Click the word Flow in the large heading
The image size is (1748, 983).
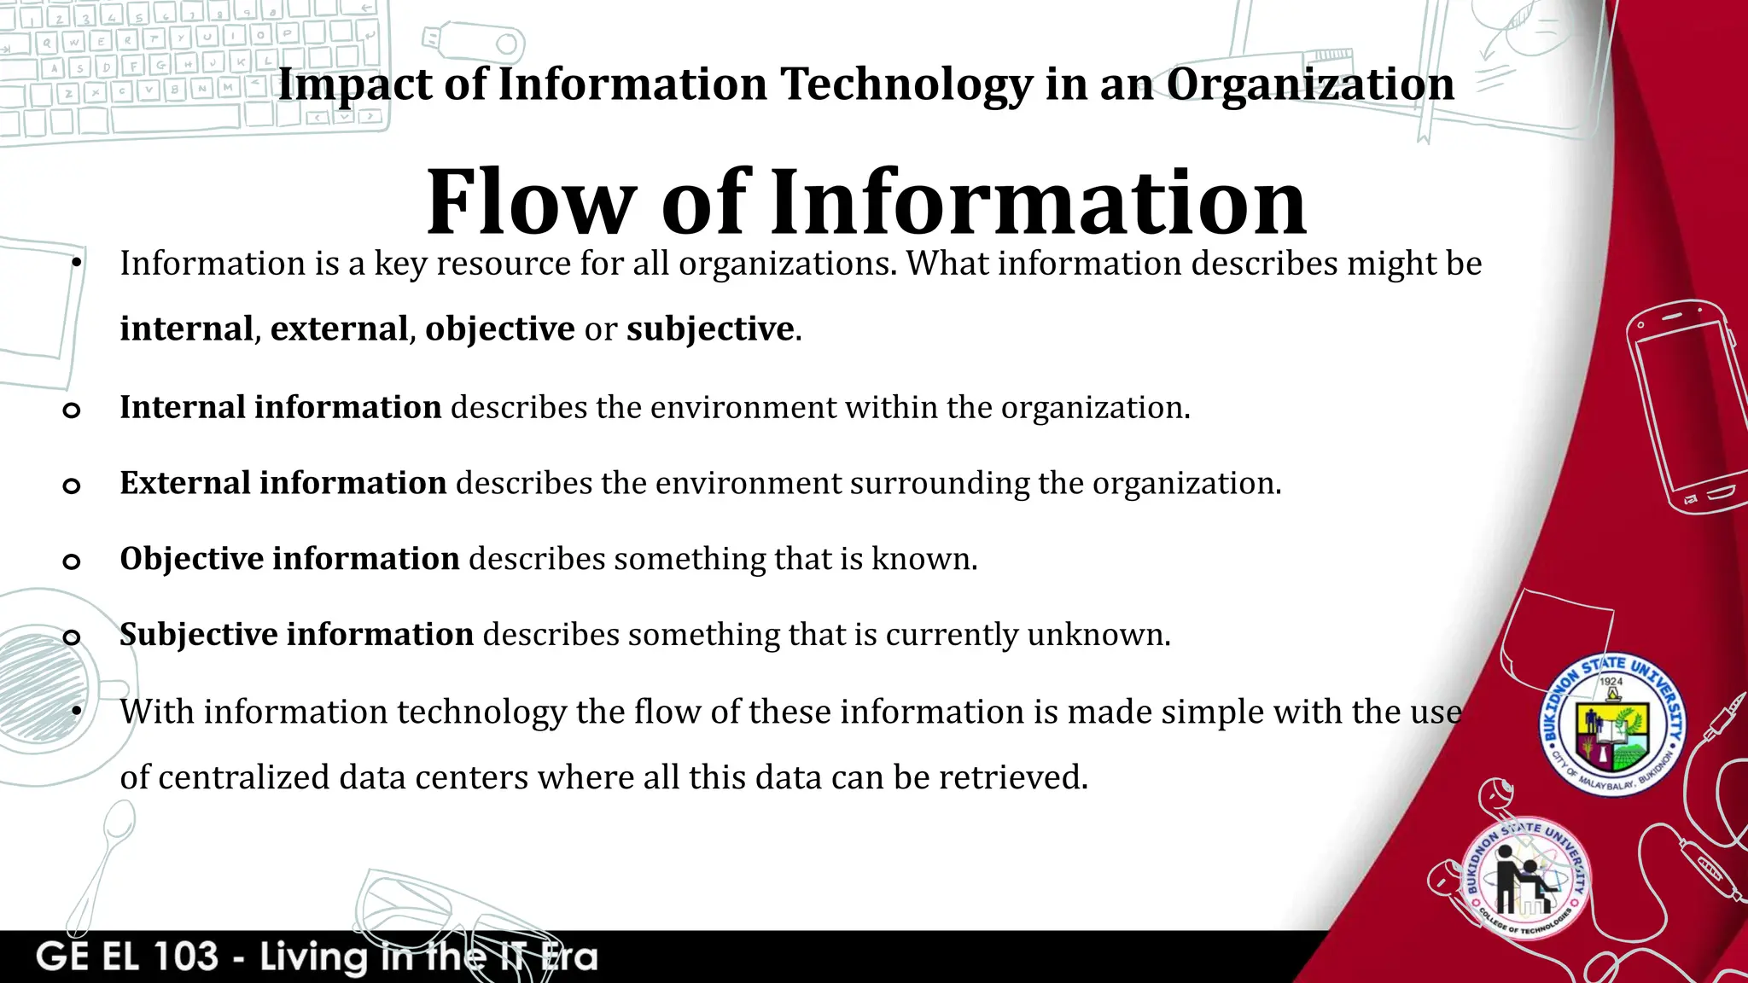[530, 202]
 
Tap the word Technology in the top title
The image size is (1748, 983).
[906, 85]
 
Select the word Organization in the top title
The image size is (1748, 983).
[1310, 85]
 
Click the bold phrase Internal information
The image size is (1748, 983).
[280, 407]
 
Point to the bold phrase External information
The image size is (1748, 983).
[283, 483]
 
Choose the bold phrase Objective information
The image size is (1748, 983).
[289, 559]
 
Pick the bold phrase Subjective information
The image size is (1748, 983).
[296, 635]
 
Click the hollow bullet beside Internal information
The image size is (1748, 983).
[72, 410]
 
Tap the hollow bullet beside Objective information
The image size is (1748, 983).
[72, 561]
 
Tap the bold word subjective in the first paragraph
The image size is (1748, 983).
[710, 329]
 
